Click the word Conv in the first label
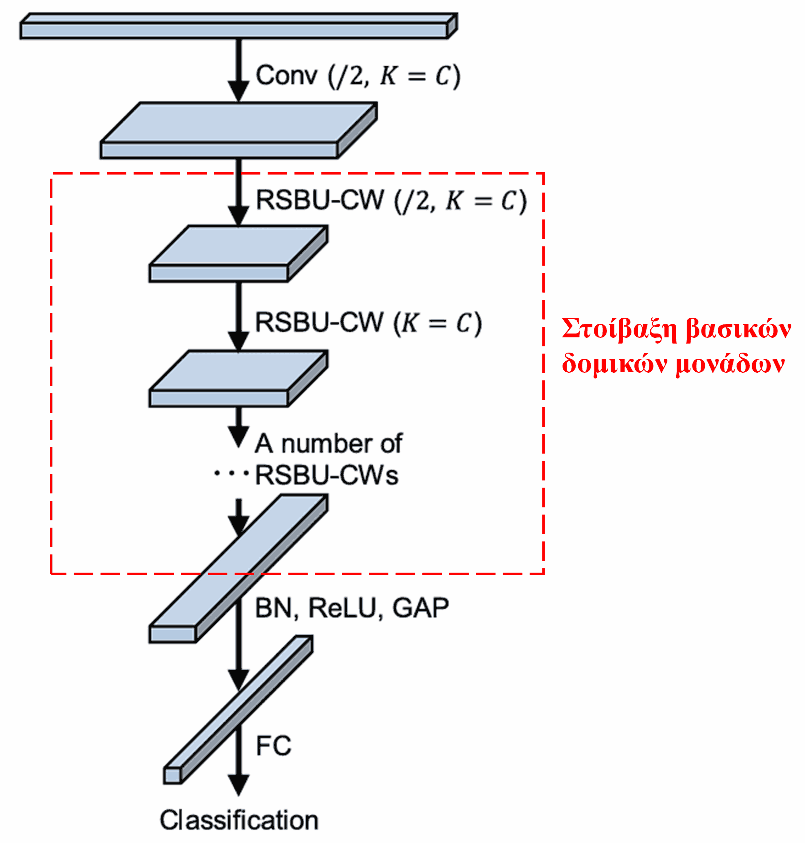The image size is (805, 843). [286, 76]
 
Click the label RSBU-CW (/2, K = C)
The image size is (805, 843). [390, 201]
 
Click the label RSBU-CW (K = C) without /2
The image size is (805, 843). [368, 323]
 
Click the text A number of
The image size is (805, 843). [329, 443]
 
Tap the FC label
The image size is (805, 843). [273, 746]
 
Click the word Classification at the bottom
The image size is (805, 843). [239, 821]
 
